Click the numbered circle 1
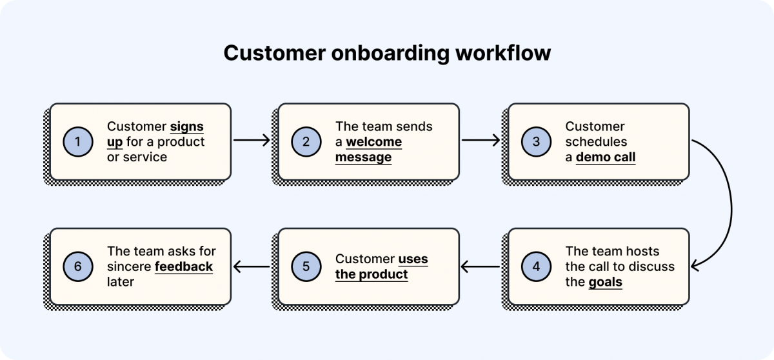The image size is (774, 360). pyautogui.click(x=79, y=142)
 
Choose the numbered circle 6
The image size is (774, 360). pyautogui.click(x=79, y=266)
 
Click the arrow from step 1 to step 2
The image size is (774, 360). pyautogui.click(x=252, y=139)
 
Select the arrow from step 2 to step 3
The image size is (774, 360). pyautogui.click(x=481, y=139)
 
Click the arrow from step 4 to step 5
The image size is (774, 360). pyautogui.click(x=481, y=266)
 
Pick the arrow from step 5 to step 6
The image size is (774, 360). pyautogui.click(x=252, y=266)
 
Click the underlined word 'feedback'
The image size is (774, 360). pyautogui.click(x=184, y=266)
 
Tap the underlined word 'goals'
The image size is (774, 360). pyautogui.click(x=605, y=281)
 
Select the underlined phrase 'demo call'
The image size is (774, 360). pyautogui.click(x=605, y=157)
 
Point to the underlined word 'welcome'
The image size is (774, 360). pyautogui.click(x=373, y=142)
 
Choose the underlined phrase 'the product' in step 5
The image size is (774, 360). pyautogui.click(x=372, y=274)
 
